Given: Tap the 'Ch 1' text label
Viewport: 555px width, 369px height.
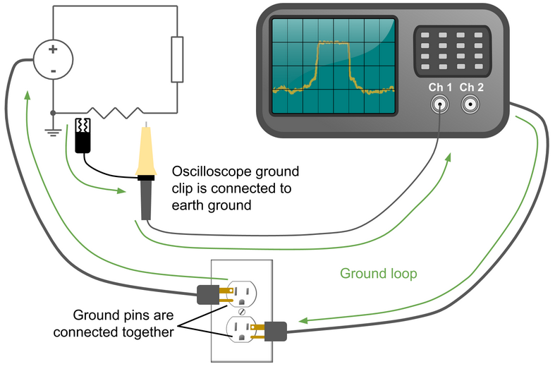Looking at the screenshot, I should [x=441, y=87].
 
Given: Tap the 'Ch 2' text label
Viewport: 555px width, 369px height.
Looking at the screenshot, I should [x=472, y=87].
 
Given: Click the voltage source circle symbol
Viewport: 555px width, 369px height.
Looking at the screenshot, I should [x=52, y=60].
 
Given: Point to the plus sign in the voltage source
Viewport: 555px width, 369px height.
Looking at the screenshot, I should [x=52, y=50].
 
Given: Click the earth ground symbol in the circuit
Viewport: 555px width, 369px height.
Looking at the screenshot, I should [x=52, y=131].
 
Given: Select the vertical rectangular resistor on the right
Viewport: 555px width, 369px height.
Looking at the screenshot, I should [x=177, y=60].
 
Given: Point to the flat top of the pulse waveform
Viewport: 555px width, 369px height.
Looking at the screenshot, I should [x=333, y=44].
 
